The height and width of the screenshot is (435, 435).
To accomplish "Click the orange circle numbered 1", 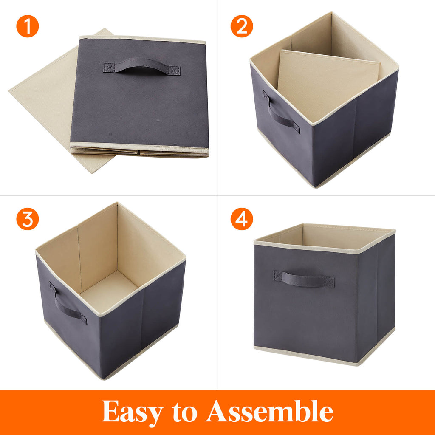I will (28, 26).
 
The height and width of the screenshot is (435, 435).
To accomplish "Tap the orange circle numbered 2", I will (242, 26).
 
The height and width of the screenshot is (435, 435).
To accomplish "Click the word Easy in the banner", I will (132, 411).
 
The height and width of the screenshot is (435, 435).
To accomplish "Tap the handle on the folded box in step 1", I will (141, 66).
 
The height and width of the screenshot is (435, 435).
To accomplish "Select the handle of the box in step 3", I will (68, 304).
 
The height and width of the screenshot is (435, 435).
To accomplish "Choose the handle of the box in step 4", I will (303, 279).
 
